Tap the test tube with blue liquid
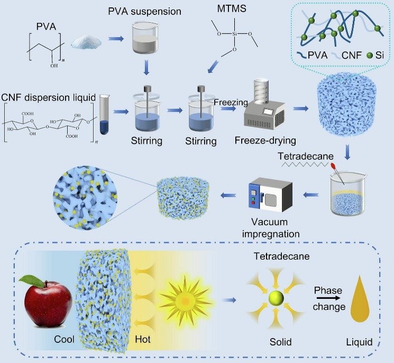tap(105, 113)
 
